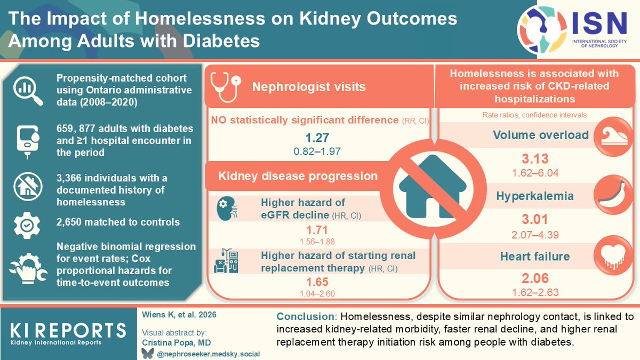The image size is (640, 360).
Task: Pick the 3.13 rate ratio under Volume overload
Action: coord(534,158)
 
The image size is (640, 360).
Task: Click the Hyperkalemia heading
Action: coord(534,196)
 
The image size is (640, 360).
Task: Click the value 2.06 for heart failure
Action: coord(534,278)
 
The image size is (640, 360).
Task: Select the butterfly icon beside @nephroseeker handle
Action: coord(145,353)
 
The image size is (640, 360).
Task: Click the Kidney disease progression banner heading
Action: coord(298,176)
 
